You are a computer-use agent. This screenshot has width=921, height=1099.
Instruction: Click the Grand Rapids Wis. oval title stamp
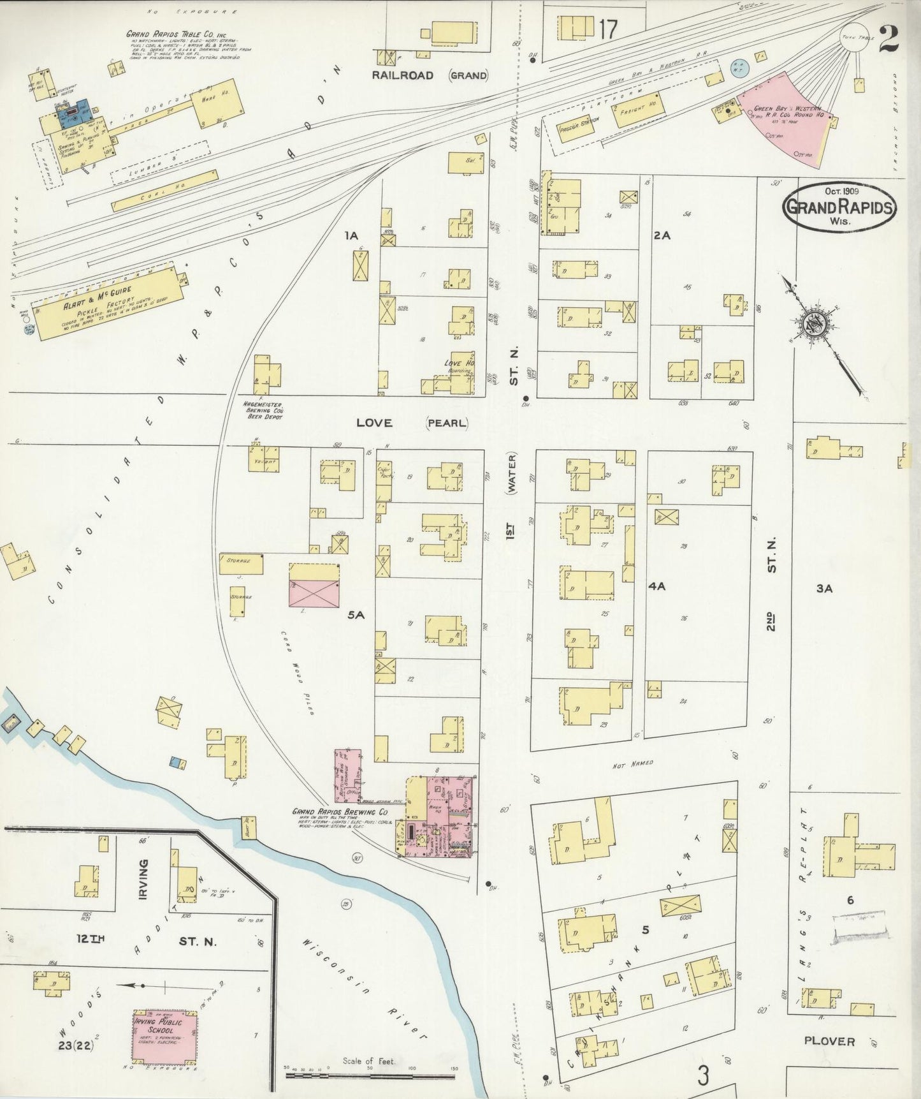839,207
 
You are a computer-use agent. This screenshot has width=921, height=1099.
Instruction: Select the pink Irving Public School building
164,1037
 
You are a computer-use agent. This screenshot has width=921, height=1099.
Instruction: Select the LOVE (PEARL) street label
412,423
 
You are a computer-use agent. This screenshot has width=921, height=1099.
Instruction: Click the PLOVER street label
829,1040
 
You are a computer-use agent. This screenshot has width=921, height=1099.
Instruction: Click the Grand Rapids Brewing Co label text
340,812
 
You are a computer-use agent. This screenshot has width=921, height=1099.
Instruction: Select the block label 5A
356,615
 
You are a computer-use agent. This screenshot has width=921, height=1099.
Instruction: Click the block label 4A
656,586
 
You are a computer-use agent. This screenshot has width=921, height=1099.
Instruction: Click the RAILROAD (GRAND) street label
430,75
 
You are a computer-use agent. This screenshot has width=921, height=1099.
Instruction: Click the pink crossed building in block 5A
314,586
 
